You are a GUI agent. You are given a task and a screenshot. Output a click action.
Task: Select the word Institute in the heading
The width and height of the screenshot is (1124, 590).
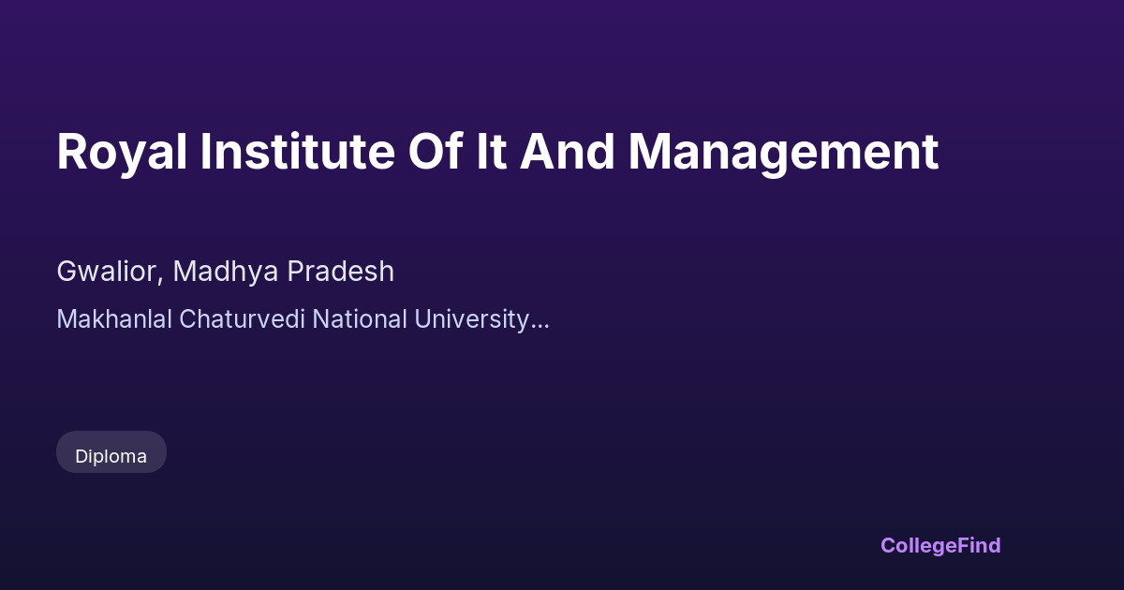click(x=298, y=152)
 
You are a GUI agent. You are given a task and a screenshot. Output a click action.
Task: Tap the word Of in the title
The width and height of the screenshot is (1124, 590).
click(x=436, y=152)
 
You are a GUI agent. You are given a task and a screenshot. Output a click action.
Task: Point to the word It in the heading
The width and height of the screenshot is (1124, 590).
click(x=491, y=152)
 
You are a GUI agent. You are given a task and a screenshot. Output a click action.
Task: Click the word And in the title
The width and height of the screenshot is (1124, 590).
click(x=567, y=152)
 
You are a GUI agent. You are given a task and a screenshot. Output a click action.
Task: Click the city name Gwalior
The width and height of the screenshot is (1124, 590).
click(x=107, y=272)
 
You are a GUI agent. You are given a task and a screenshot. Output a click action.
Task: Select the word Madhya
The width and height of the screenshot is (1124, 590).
click(x=226, y=273)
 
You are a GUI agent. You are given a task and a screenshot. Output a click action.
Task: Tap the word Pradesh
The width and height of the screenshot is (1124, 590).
click(x=341, y=272)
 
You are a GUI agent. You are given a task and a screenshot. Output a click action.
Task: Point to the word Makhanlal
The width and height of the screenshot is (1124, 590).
click(x=114, y=319)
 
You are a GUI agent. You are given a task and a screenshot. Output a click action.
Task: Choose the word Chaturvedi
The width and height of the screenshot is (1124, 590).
click(x=242, y=319)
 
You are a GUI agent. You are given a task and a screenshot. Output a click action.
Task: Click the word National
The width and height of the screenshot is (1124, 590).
click(x=360, y=319)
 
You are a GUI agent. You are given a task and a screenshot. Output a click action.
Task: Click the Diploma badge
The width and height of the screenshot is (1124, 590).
click(x=111, y=452)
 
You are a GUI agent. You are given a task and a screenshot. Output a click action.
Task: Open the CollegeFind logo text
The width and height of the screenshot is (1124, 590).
click(x=940, y=546)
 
